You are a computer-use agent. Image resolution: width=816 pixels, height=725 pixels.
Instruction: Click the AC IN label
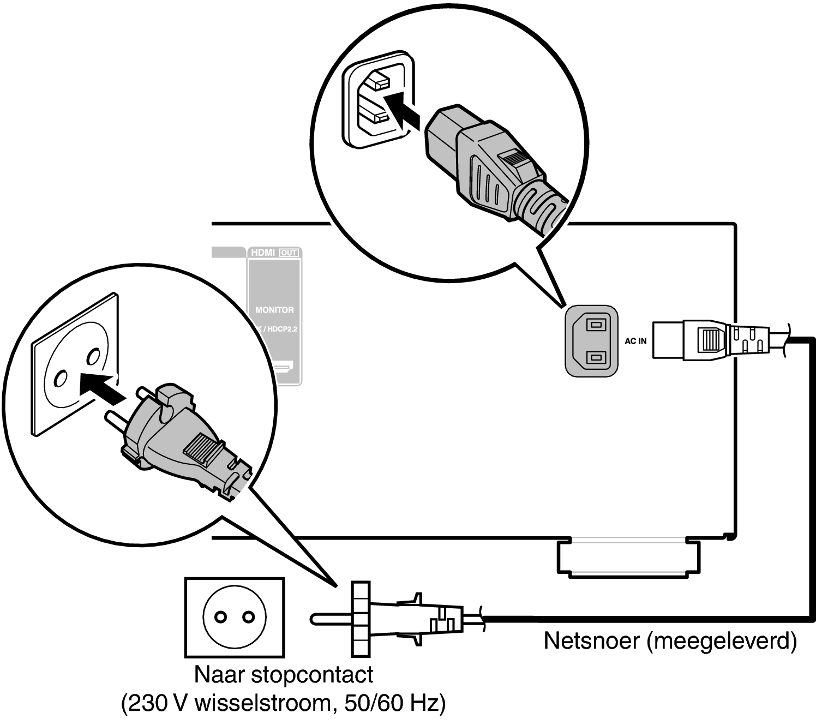(x=635, y=341)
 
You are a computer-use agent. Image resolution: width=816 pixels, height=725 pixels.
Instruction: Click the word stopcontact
(x=312, y=675)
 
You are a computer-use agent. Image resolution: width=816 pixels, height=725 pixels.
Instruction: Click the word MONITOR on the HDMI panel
(x=275, y=310)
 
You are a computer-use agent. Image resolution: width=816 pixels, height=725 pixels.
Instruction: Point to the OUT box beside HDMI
(x=289, y=253)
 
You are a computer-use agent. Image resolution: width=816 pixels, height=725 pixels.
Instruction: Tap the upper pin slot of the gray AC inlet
(x=597, y=325)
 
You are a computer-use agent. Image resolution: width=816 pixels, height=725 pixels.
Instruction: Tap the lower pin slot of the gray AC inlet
(x=597, y=357)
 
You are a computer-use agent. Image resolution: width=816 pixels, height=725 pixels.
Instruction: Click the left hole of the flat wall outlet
(x=220, y=617)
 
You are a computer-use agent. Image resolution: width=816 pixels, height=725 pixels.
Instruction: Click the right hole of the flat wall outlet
(x=249, y=617)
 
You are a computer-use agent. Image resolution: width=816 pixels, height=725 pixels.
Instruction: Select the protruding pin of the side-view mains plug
(x=332, y=619)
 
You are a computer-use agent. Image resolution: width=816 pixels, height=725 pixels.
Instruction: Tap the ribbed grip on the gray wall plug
(x=203, y=448)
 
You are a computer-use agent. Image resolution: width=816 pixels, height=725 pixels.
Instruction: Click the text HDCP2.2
(x=283, y=329)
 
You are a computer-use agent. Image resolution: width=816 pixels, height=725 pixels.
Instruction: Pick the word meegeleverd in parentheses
(x=721, y=640)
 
